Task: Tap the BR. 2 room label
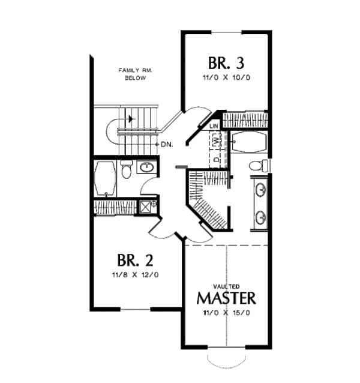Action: click(x=136, y=261)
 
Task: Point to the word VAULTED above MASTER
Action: click(x=227, y=286)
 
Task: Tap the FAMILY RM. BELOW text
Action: click(x=135, y=74)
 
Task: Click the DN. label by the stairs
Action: click(x=167, y=145)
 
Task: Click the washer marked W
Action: click(x=216, y=141)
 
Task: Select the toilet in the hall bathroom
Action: click(x=126, y=171)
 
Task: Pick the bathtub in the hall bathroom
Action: click(x=106, y=178)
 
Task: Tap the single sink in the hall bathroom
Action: click(x=146, y=167)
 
